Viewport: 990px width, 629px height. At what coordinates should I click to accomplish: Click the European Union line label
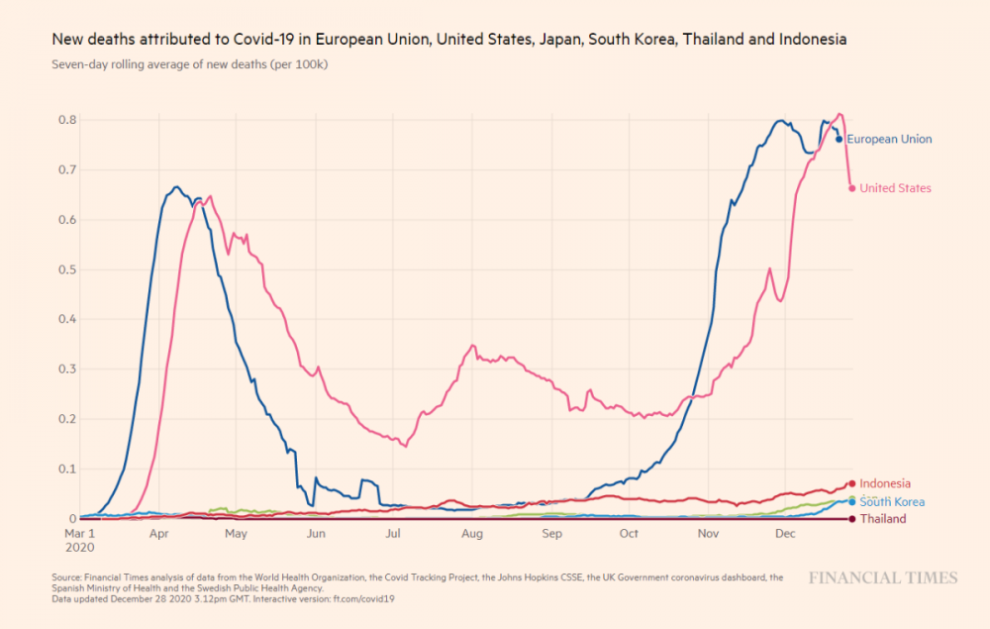[x=889, y=140]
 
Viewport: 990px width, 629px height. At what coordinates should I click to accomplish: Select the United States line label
[x=895, y=188]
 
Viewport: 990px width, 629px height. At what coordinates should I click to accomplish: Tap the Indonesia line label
[x=885, y=483]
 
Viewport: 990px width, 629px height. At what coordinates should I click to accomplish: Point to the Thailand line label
[x=883, y=519]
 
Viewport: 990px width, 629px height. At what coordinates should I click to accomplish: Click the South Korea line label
[x=892, y=502]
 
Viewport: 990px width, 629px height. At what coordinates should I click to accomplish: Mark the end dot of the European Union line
[x=840, y=140]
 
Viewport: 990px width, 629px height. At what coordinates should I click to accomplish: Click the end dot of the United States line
[x=852, y=188]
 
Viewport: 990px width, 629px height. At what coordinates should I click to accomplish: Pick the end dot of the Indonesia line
[x=852, y=483]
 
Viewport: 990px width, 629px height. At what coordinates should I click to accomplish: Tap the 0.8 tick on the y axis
[x=66, y=120]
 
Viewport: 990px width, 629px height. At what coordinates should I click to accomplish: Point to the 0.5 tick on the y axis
[x=66, y=269]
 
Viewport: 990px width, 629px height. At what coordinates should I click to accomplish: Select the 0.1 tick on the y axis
[x=66, y=469]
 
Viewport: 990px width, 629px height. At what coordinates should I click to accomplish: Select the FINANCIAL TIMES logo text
[x=882, y=577]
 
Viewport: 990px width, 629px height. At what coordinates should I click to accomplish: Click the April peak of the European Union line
[x=175, y=187]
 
